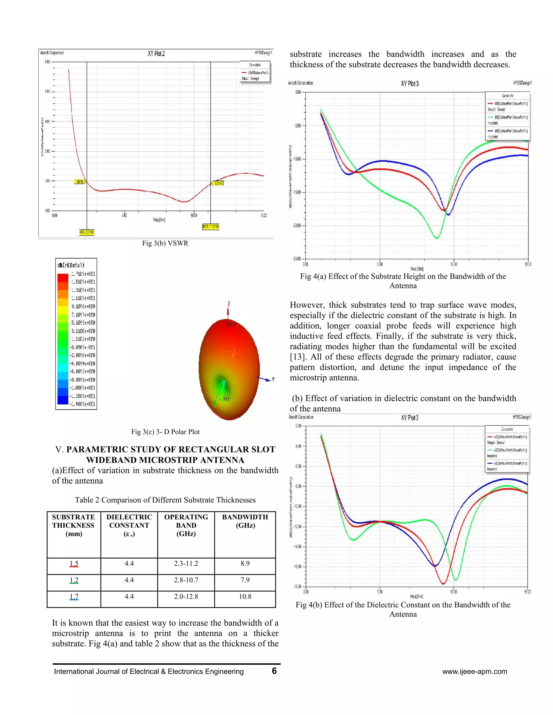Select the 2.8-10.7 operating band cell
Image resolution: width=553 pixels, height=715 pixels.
186,580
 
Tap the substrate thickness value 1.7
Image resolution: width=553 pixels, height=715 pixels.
74,597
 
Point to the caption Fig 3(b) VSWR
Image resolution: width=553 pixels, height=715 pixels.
165,243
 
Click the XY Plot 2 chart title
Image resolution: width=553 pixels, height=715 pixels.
156,54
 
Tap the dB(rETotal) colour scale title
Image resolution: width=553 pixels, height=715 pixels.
71,265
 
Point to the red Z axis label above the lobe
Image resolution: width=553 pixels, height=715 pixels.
229,304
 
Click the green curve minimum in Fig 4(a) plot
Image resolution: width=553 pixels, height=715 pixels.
436,238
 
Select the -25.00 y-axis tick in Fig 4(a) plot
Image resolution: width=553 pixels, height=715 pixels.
296,259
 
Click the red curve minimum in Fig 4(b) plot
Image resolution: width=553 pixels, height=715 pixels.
443,583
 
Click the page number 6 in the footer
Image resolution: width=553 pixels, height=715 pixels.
274,671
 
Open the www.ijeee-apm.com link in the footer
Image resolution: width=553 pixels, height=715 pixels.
474,672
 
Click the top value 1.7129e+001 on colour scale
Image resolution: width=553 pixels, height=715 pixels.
83,274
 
